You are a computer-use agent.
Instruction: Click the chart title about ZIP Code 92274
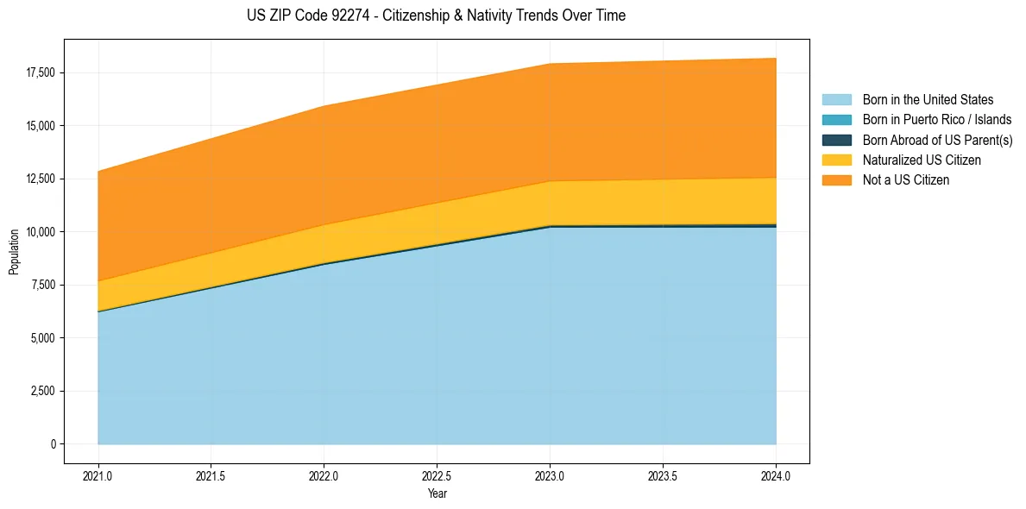436,16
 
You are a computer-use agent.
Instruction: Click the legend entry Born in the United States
928,100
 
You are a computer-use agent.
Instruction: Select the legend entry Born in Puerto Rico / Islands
937,120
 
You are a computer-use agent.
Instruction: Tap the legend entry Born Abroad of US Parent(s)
937,140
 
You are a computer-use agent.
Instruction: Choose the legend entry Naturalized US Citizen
922,160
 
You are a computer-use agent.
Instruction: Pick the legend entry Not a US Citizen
905,180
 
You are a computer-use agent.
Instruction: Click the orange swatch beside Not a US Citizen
836,180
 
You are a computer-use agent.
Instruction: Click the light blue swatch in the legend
836,100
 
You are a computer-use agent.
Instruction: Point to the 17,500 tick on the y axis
40,72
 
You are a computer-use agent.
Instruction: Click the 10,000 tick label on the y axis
40,232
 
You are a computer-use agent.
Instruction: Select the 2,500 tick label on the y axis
42,391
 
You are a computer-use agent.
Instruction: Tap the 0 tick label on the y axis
53,444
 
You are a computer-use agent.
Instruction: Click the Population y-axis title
14,252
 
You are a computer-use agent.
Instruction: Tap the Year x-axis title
437,494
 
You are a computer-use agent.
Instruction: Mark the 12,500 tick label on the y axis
40,179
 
